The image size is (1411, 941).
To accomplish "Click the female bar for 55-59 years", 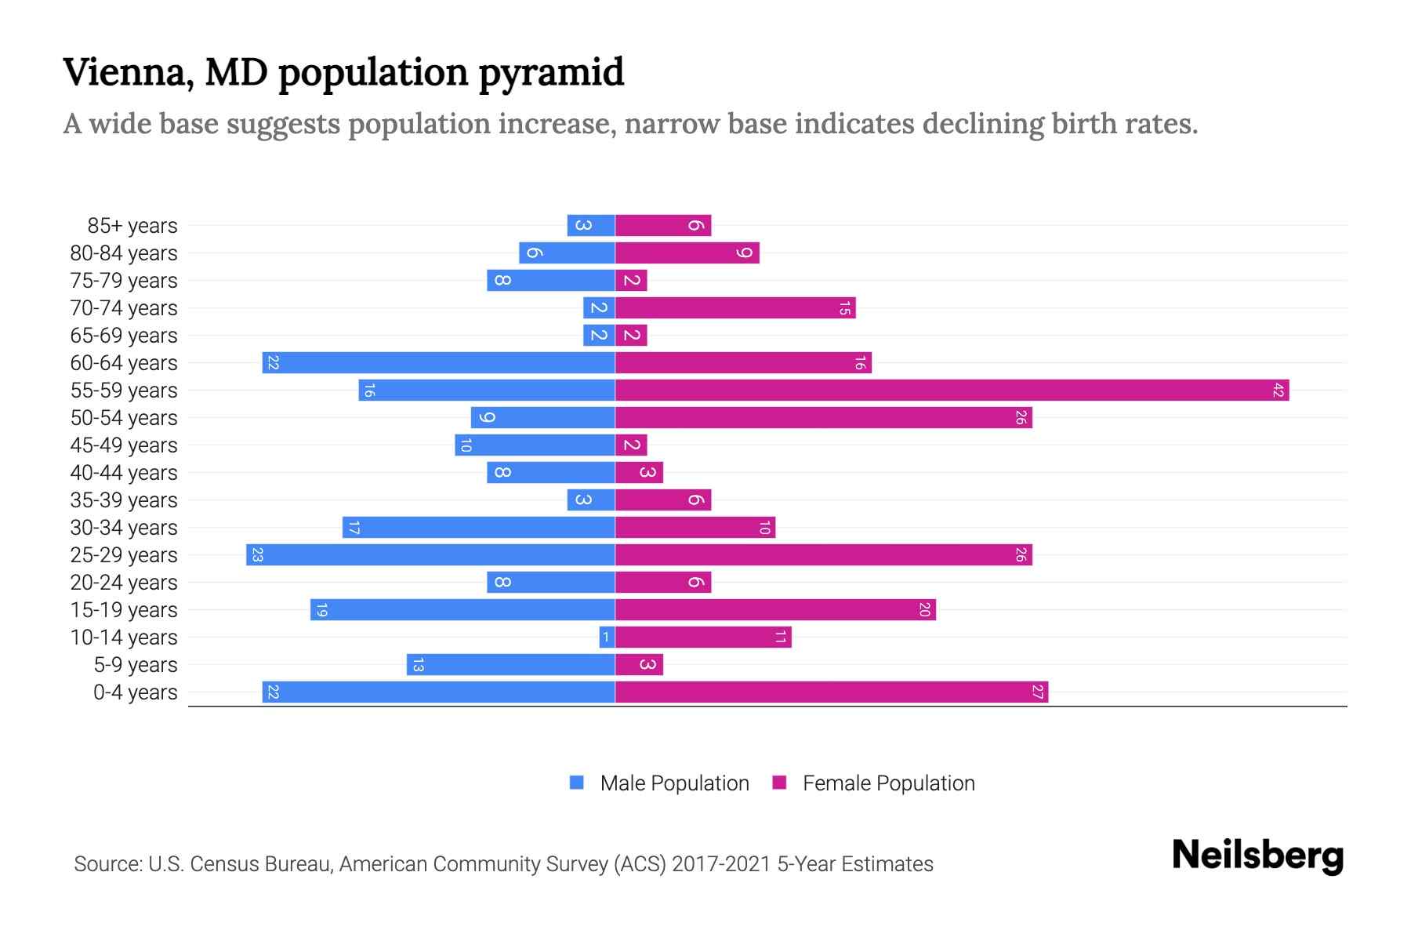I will pos(952,390).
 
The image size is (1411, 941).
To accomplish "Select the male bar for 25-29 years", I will pos(430,554).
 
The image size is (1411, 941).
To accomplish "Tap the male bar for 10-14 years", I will pos(607,637).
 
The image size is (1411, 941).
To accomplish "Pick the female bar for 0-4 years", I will pos(831,692).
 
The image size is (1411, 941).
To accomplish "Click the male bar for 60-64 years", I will pos(438,362).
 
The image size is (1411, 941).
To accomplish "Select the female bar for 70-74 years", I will pos(735,307).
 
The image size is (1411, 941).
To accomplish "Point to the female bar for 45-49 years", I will pos(631,445).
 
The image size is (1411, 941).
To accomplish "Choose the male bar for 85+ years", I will pos(591,225).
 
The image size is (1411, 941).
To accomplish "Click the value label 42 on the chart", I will pos(1278,390).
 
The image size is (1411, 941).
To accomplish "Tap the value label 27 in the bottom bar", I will pos(1037,692).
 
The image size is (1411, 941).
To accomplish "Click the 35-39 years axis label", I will pos(124,500).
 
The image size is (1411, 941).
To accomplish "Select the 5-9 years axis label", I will pos(135,664).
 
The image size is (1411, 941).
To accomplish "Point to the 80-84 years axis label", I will pos(124,253).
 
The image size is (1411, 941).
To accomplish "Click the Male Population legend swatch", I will pos(577,783).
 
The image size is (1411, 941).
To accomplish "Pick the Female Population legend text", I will pos(888,783).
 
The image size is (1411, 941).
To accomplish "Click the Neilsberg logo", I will pos(1257,856).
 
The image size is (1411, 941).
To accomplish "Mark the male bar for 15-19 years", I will pos(462,609).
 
